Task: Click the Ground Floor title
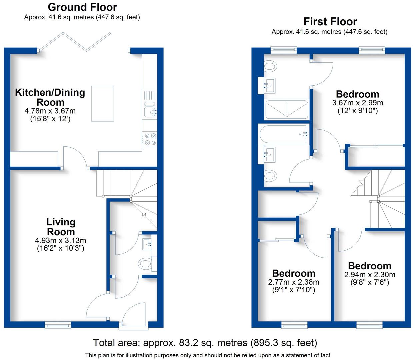click(x=82, y=7)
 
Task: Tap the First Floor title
click(x=330, y=22)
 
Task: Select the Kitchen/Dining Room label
click(x=50, y=97)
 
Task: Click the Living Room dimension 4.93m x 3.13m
click(x=60, y=240)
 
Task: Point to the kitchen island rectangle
click(x=103, y=104)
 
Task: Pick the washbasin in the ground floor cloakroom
click(x=147, y=244)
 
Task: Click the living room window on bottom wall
click(x=58, y=324)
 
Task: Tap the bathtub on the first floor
click(x=284, y=134)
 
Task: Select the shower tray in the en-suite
click(x=286, y=110)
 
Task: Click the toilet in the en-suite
click(x=270, y=66)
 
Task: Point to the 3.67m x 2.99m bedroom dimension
click(x=357, y=103)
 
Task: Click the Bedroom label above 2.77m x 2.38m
click(x=294, y=273)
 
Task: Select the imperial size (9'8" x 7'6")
click(x=370, y=283)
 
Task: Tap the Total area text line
click(x=205, y=343)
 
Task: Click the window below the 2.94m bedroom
click(x=369, y=324)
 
